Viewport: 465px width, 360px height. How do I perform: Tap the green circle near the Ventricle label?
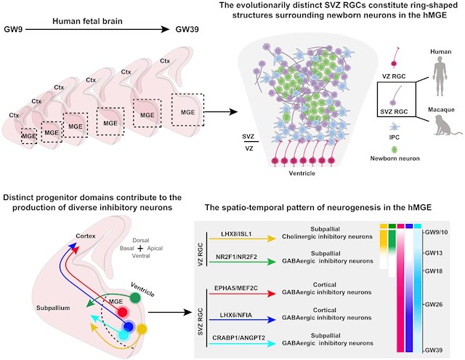pyautogui.click(x=136, y=298)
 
